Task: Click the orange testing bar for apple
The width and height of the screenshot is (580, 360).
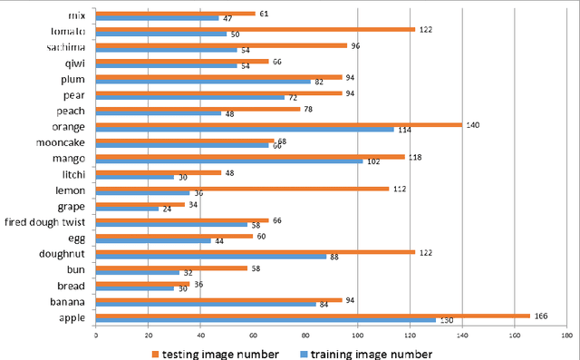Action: pos(313,316)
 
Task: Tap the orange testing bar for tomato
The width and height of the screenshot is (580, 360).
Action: pos(255,29)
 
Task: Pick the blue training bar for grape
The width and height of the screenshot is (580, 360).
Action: pos(127,209)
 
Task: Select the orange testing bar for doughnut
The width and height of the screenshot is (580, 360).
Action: pos(255,251)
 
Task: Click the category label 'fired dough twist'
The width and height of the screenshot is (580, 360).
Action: pos(45,222)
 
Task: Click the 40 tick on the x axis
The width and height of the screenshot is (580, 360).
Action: pos(200,335)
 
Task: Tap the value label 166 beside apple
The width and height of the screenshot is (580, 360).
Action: pos(541,315)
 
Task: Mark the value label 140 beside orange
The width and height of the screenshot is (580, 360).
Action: pos(472,124)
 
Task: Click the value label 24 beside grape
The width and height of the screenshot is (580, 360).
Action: pos(165,209)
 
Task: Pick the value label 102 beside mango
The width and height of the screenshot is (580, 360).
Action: pos(372,161)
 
